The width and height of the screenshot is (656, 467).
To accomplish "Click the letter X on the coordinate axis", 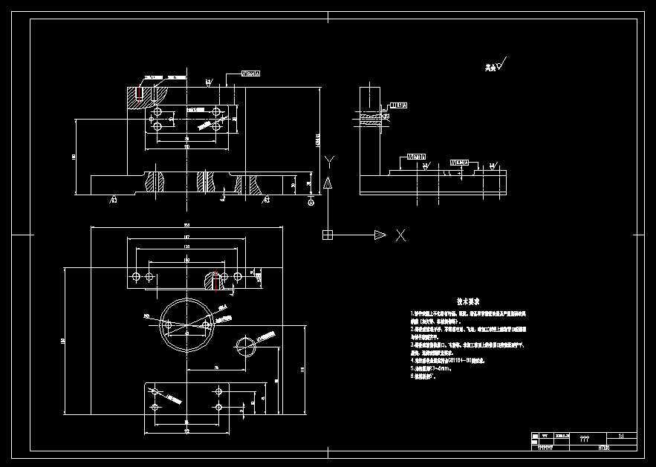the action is [400, 235].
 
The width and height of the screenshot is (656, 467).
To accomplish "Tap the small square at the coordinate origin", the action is [327, 235].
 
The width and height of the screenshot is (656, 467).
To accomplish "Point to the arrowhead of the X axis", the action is [380, 235].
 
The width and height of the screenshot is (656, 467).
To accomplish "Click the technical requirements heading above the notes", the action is [468, 301].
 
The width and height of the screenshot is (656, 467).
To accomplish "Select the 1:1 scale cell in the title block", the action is [621, 437].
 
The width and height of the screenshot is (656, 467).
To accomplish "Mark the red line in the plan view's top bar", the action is [215, 280].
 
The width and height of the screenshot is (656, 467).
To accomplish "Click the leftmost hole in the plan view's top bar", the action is [135, 277].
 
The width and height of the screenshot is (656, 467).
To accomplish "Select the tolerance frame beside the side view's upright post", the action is [398, 106].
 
